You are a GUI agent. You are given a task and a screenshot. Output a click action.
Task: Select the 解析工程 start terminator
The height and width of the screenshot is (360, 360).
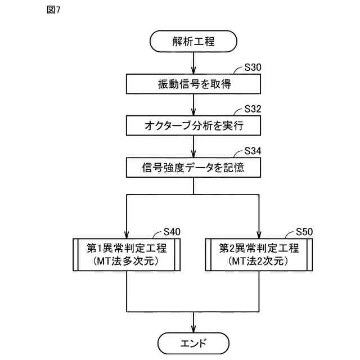193,41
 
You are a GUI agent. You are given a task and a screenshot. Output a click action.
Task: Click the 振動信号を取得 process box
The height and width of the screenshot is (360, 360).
193,84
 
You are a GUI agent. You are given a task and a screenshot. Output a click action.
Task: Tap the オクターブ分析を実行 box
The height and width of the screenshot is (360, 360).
193,125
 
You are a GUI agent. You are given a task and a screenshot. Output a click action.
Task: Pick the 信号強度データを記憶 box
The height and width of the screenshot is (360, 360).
193,167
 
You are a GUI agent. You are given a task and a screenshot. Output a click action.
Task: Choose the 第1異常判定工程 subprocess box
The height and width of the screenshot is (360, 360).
127,255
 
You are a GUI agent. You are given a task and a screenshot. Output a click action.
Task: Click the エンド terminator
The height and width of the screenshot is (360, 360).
193,343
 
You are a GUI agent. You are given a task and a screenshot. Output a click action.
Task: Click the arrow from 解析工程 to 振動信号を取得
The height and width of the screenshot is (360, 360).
193,62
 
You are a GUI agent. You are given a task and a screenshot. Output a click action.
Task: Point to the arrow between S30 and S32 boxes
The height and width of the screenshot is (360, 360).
193,105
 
